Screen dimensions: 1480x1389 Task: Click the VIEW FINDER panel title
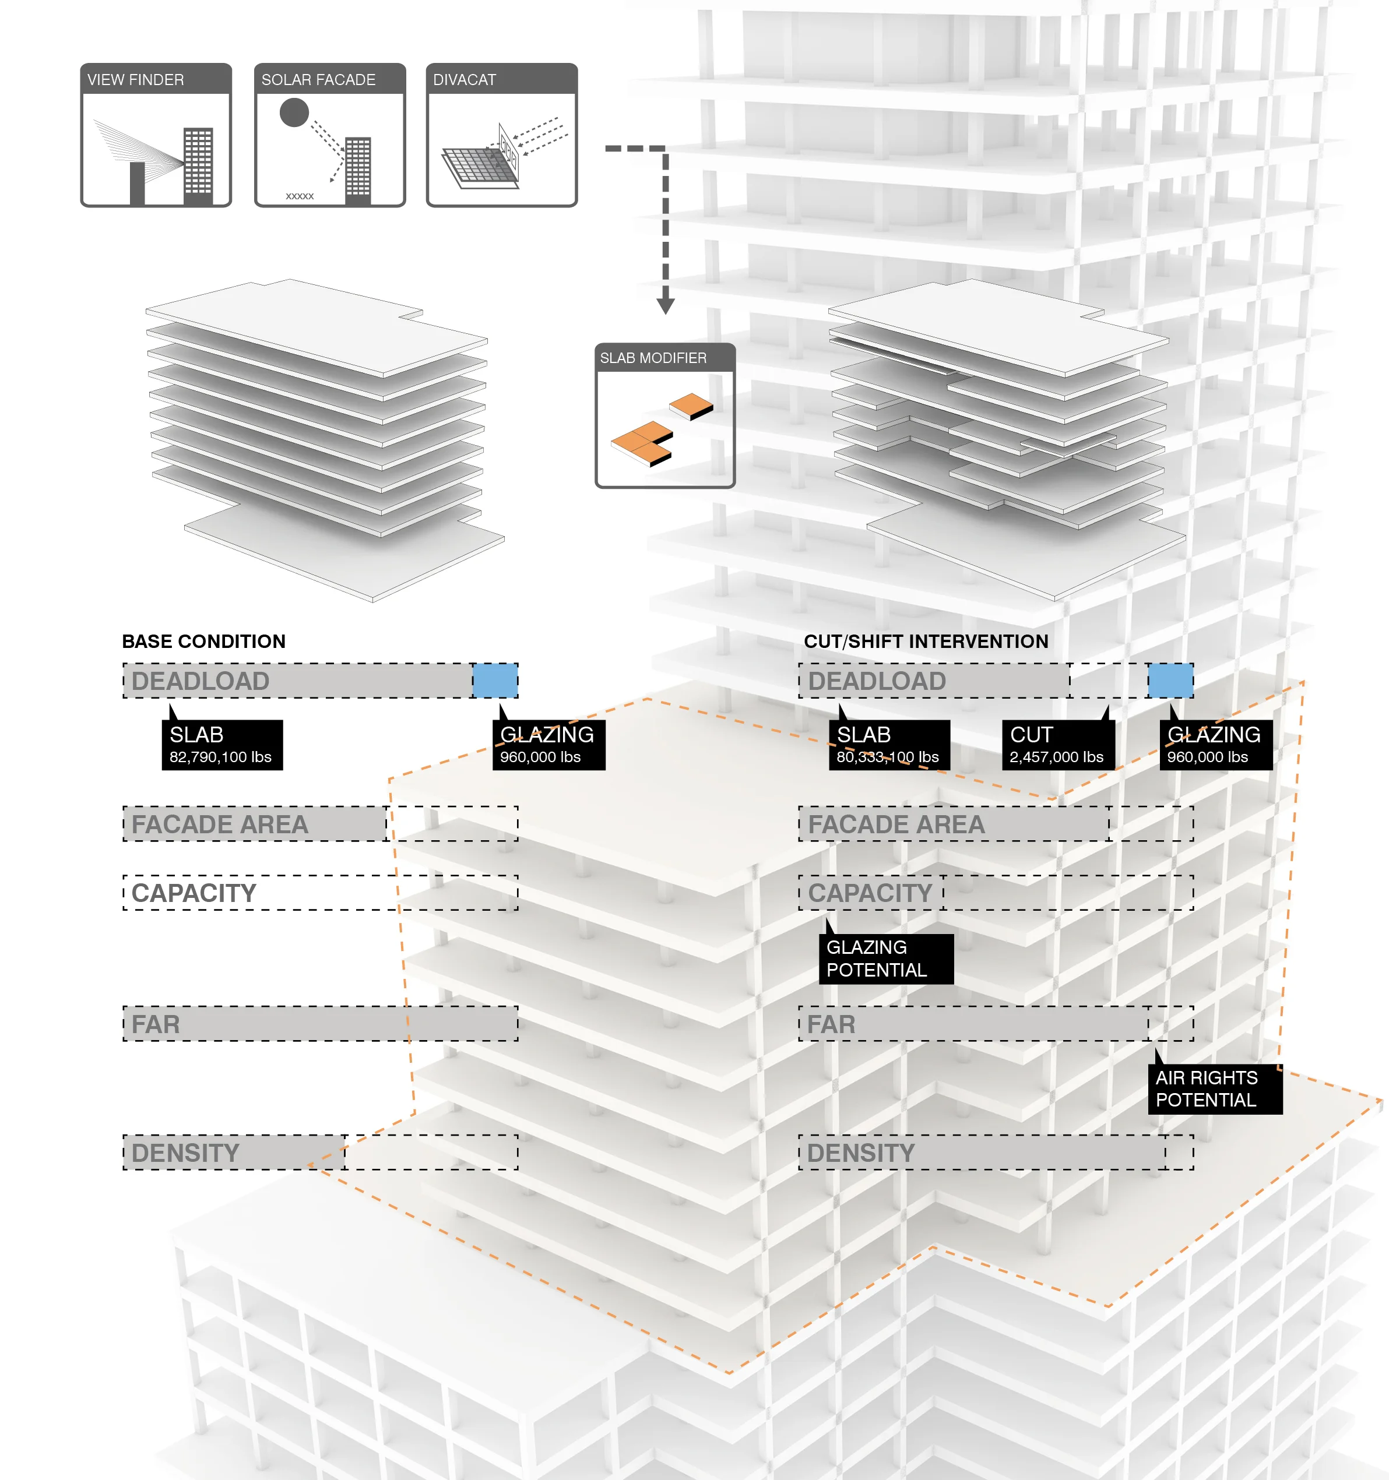coord(136,80)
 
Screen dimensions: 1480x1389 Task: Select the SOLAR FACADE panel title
coord(318,80)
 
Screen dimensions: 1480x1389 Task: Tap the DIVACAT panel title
coord(464,80)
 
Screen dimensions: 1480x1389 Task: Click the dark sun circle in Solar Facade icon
coord(294,112)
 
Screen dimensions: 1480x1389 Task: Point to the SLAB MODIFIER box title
coord(653,358)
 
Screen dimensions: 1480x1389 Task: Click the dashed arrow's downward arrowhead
coord(665,306)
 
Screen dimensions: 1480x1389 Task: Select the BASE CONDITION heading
coord(203,641)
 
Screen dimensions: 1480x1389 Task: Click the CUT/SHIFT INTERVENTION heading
coord(926,641)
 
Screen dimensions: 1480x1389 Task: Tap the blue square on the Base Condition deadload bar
coord(495,681)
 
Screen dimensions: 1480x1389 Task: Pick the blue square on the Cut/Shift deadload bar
coord(1169,681)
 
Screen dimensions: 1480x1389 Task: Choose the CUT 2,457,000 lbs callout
coord(1057,745)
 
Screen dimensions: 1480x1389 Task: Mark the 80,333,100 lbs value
coord(887,757)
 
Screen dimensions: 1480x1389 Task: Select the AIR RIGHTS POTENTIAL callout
coord(1214,1088)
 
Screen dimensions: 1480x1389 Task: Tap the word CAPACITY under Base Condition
coord(194,893)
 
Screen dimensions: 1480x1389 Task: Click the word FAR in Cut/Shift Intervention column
coord(831,1024)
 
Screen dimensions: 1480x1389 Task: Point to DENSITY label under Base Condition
coord(185,1153)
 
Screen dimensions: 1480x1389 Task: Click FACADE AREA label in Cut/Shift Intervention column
coord(896,824)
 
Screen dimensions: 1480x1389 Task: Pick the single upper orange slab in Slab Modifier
coord(690,406)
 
